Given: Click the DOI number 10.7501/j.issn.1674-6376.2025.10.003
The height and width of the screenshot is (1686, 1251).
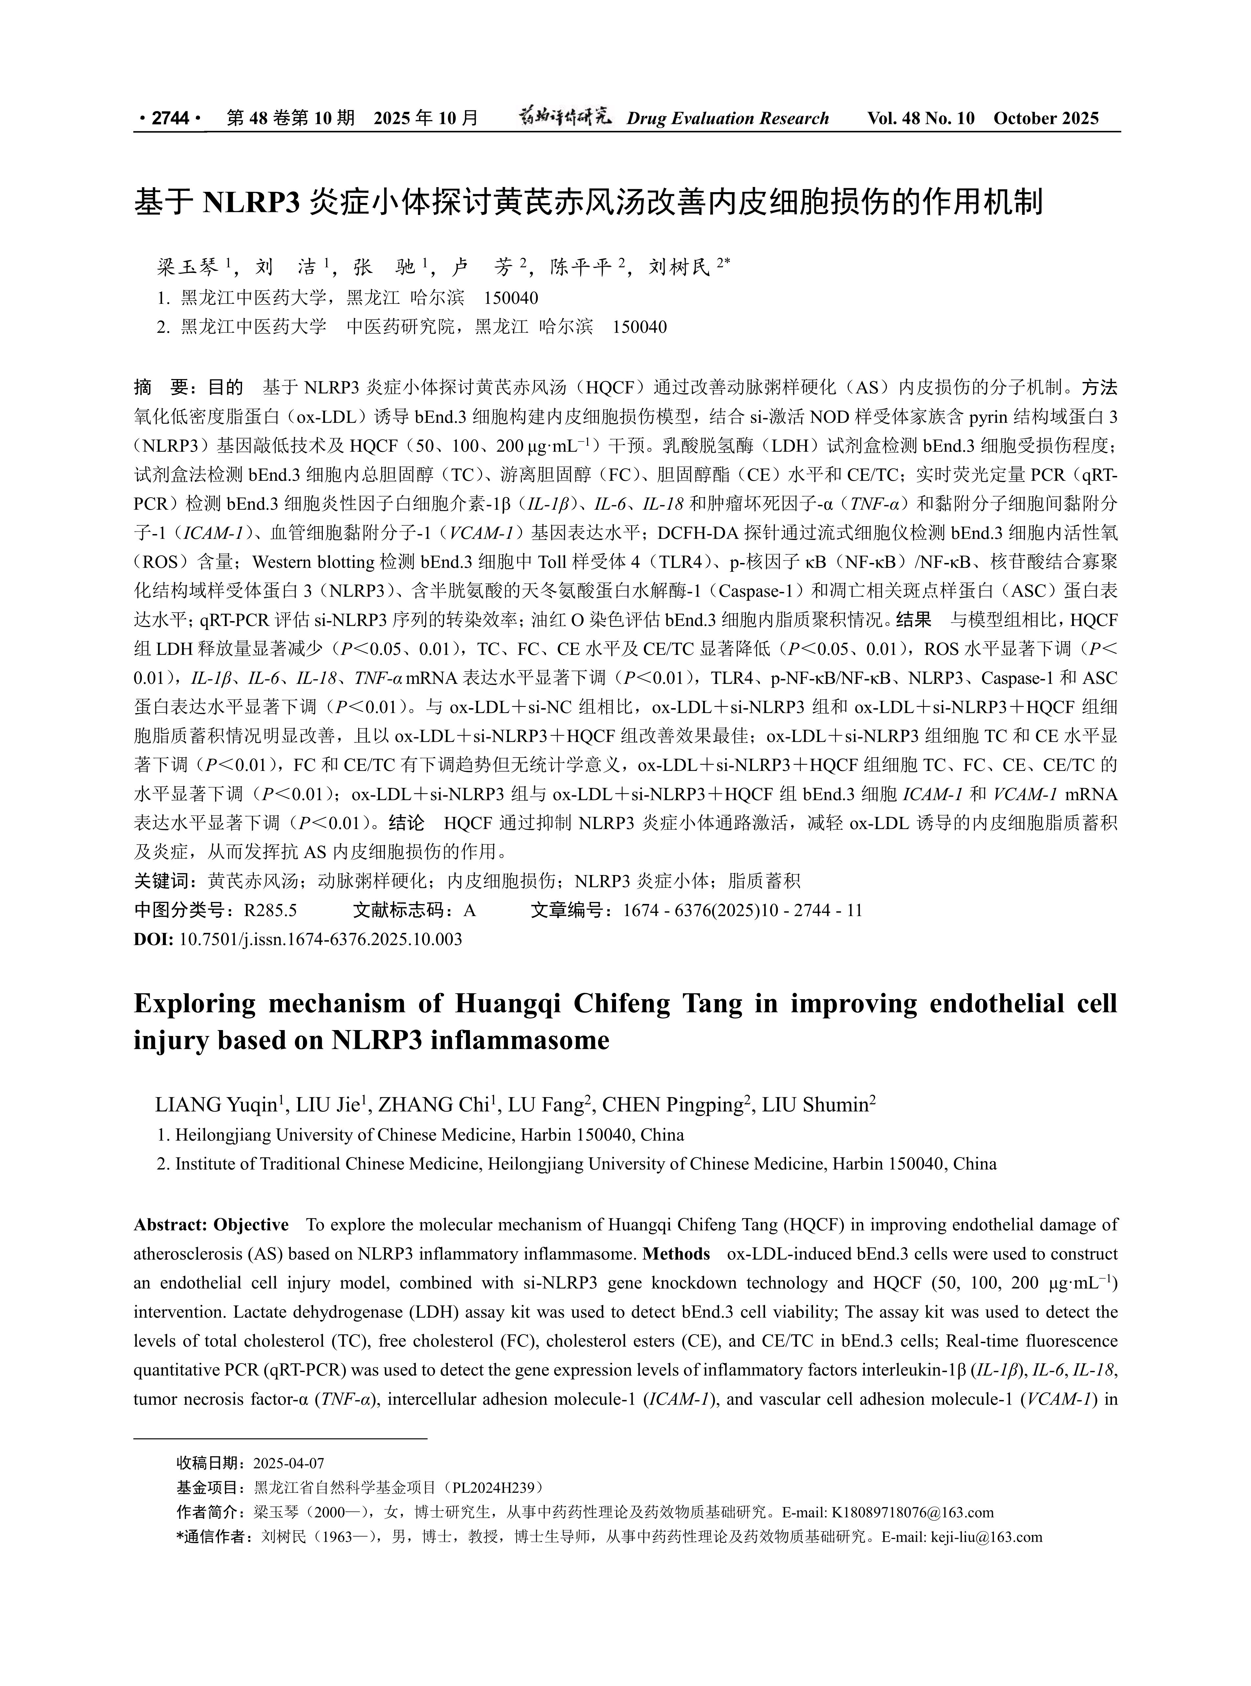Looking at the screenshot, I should point(320,939).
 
